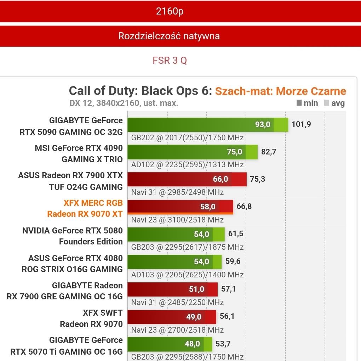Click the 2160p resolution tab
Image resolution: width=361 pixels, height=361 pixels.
click(170, 11)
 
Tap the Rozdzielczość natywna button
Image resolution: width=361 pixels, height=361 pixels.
click(169, 36)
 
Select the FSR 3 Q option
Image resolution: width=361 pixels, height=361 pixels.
click(170, 61)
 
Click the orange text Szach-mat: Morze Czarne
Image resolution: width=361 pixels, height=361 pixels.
click(280, 91)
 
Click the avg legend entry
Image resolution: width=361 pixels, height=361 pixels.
click(334, 103)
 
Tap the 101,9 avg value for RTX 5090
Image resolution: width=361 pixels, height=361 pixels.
click(301, 124)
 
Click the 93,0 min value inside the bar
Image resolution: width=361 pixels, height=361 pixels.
click(263, 124)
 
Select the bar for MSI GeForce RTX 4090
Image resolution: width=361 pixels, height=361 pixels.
click(192, 152)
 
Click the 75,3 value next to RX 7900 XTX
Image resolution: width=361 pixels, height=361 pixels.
click(257, 179)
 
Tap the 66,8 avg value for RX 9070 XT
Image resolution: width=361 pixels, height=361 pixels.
click(244, 207)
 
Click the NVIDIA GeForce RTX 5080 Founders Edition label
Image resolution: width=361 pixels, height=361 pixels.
click(73, 236)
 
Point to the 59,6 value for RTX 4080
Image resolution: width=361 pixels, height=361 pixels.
click(233, 261)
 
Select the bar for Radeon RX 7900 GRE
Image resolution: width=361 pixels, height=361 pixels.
click(172, 289)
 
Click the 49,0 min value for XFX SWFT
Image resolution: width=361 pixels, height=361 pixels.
click(194, 317)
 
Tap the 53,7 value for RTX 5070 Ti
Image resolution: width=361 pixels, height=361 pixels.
click(223, 344)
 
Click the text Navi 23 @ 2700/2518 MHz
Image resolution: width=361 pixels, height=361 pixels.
click(177, 330)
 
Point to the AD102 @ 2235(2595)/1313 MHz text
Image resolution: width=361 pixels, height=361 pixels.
click(187, 165)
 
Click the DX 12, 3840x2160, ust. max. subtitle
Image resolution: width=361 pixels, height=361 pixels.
click(124, 103)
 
